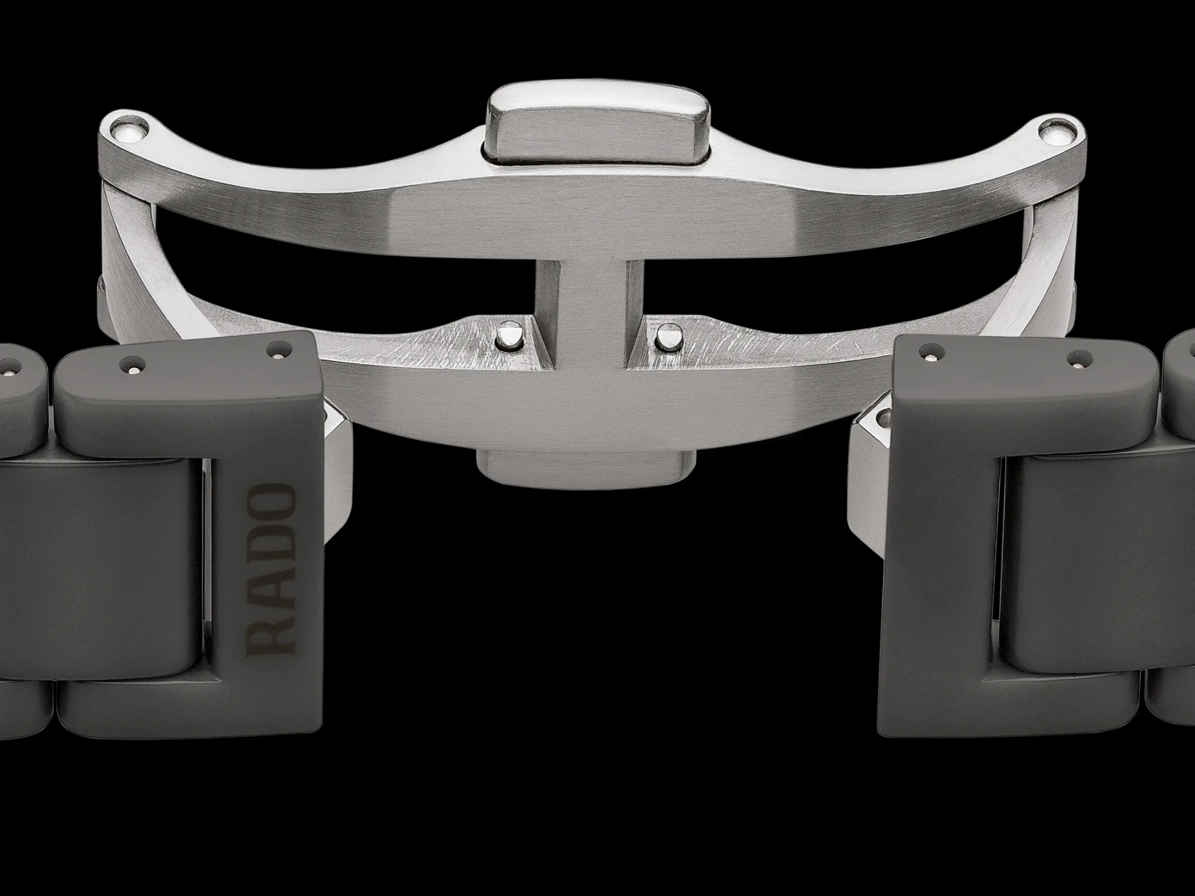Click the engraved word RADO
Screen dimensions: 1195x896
272,568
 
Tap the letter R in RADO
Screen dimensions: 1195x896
272,635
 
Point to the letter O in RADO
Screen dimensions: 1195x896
272,502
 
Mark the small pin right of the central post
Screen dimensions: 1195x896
669,337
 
